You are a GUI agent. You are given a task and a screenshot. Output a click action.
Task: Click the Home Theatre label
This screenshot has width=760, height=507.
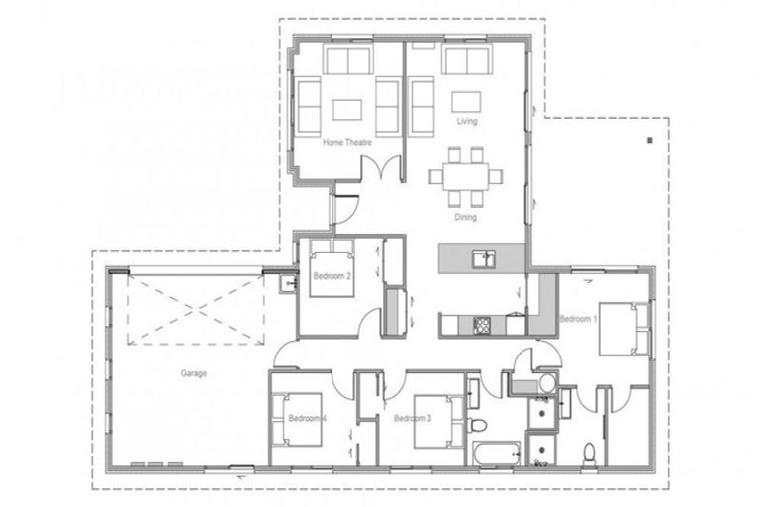click(x=347, y=143)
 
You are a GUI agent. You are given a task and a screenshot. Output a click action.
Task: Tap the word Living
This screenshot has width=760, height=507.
click(x=467, y=122)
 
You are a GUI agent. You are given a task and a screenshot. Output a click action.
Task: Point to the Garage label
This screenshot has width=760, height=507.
click(x=193, y=374)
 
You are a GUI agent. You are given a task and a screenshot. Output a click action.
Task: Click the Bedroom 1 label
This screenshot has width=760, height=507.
click(x=578, y=319)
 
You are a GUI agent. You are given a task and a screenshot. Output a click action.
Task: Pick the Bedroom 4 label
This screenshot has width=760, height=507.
click(x=308, y=419)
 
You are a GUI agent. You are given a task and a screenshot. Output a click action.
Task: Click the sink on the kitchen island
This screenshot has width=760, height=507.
click(x=484, y=258)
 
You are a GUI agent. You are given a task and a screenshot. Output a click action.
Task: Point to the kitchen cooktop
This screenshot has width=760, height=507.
click(x=483, y=323)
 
